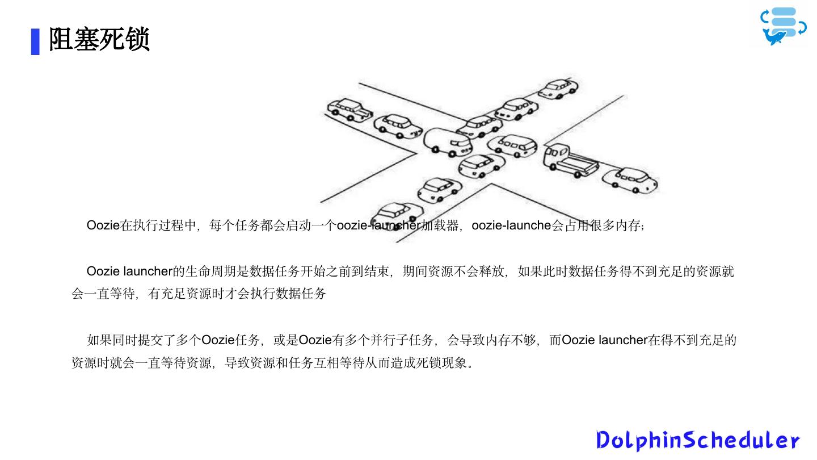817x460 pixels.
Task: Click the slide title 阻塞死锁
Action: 99,40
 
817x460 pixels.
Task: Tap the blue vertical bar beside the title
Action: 35,41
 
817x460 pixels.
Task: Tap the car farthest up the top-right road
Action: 558,89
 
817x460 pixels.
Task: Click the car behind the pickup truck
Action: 637,179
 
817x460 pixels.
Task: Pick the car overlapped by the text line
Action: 398,216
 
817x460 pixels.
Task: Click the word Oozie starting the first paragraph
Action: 103,225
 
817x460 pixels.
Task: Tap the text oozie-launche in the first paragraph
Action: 511,225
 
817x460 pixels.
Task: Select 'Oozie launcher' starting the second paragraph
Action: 129,271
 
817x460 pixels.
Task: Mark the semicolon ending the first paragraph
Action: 642,227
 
